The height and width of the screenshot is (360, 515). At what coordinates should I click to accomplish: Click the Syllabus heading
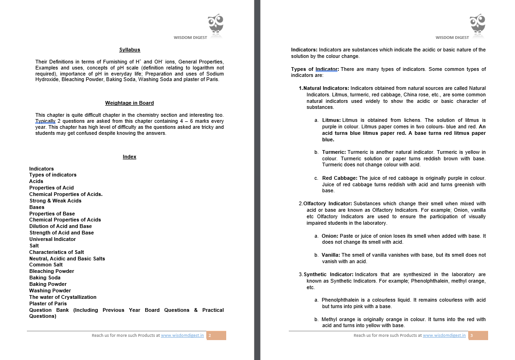coord(129,50)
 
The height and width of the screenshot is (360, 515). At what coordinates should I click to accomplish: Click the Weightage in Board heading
coord(129,103)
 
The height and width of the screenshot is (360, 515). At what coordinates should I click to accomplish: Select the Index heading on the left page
coord(129,157)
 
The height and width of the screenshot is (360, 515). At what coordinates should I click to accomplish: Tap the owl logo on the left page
coord(216,25)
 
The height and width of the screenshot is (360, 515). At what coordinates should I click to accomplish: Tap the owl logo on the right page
coord(477,25)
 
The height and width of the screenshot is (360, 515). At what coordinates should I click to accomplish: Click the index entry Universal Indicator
coord(52,239)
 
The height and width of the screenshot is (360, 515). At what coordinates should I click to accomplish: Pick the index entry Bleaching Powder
coord(51,271)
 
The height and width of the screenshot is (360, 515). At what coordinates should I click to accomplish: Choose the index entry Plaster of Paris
coord(48,303)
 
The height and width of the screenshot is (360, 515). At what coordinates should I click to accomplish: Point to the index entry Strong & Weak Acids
coord(55,201)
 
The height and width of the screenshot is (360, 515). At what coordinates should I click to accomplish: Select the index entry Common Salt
coord(46,265)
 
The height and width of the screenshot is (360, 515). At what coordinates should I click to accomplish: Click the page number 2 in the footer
coord(210,335)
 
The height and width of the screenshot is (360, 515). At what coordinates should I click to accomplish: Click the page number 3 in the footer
coord(471,335)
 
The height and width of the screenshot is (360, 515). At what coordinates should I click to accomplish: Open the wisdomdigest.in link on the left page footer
coord(183,335)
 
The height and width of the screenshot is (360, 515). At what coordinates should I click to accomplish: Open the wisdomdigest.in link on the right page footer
coord(444,335)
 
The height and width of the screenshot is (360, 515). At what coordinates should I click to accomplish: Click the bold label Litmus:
coord(331,120)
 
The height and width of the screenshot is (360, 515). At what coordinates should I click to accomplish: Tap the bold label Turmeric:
coord(334,152)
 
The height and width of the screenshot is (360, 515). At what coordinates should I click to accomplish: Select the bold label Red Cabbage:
coord(340,178)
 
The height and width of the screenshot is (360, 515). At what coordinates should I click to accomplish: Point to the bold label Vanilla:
coord(331,255)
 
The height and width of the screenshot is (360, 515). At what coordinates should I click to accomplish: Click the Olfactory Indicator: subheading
coord(327,203)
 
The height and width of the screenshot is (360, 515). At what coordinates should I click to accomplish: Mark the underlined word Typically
coord(45,121)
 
